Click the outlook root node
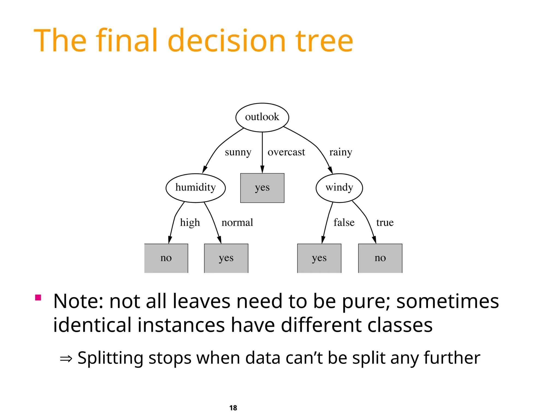262,117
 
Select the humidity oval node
195,188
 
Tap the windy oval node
339,188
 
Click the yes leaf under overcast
262,188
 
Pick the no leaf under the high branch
166,258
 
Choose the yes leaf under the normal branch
226,258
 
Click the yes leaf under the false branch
319,258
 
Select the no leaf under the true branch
380,258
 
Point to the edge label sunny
238,152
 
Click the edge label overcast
286,152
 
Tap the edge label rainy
341,152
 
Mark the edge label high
190,223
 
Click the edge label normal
237,223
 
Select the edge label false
344,223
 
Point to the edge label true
385,223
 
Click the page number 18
233,408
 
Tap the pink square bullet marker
38,297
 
